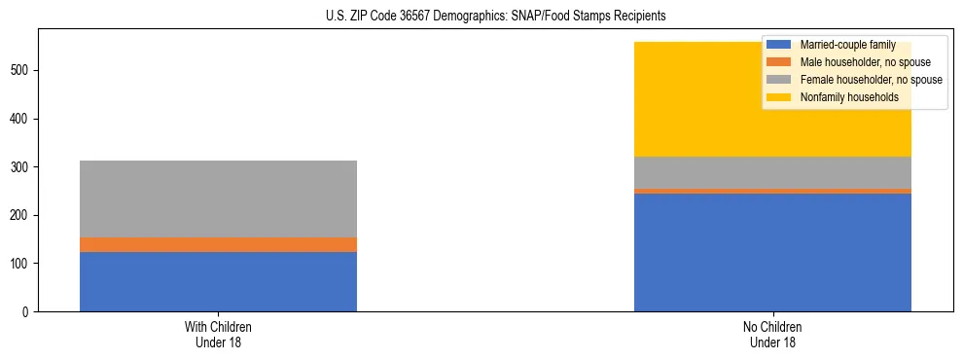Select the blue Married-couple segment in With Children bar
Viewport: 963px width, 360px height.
(x=218, y=281)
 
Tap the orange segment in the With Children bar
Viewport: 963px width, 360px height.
(x=218, y=244)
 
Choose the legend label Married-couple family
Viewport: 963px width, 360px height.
(x=847, y=45)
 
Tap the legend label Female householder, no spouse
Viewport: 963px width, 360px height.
(x=871, y=80)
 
